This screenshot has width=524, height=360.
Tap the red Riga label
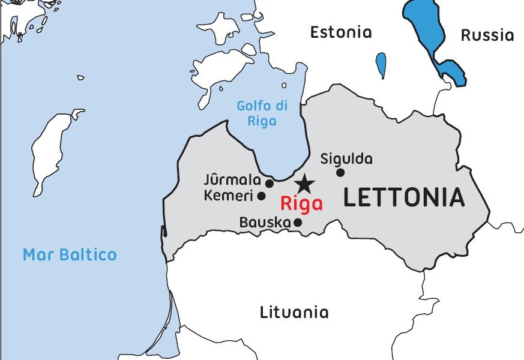(x=301, y=203)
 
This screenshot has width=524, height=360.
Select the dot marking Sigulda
(x=340, y=173)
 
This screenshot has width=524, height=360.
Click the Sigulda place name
(x=346, y=159)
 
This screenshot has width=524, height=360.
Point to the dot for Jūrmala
(x=270, y=184)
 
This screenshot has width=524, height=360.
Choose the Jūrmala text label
(x=232, y=180)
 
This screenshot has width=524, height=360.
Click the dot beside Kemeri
(x=262, y=196)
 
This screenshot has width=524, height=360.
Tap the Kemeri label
(x=228, y=196)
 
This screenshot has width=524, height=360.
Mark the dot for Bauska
(x=298, y=223)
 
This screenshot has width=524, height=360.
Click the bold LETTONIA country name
(x=404, y=197)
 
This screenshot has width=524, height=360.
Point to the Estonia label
(x=341, y=32)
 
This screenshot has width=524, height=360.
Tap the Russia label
(x=487, y=35)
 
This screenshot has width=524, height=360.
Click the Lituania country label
(x=294, y=313)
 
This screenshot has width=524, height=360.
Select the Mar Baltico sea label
(x=70, y=254)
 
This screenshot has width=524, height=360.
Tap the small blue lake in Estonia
(x=381, y=65)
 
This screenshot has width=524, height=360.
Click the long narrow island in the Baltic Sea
(x=52, y=147)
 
